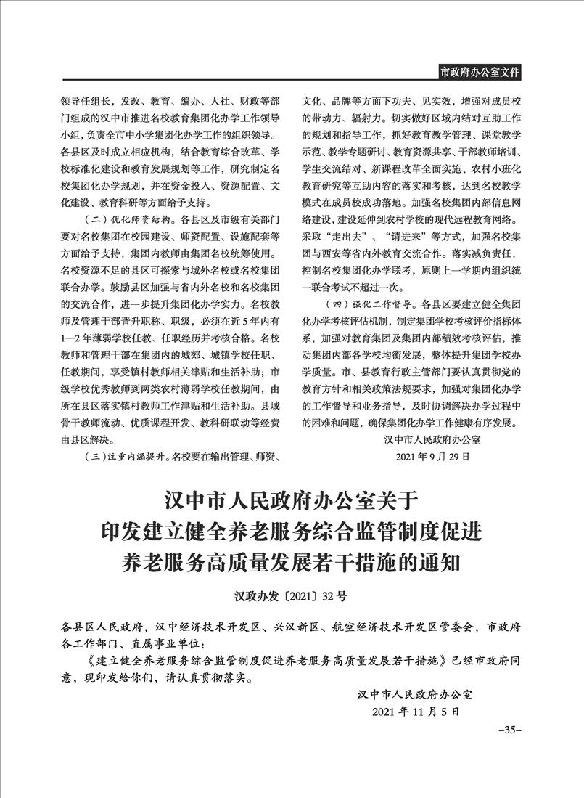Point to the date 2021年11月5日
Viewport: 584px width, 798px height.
point(416,712)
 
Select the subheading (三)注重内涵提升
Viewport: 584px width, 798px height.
point(128,457)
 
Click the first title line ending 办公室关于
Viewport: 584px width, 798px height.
point(292,501)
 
